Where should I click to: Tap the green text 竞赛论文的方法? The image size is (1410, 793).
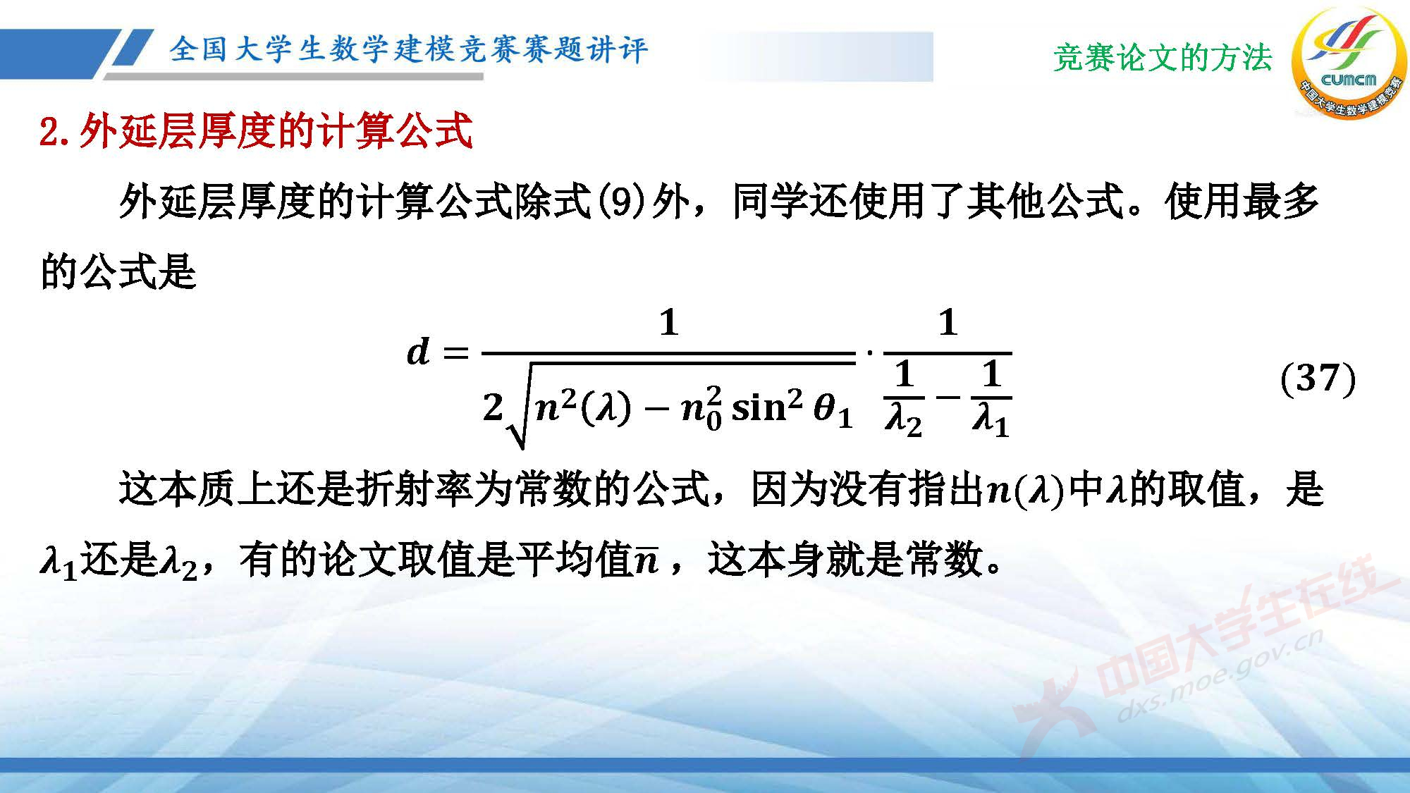(x=1163, y=58)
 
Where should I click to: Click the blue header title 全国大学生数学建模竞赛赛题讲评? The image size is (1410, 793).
(x=408, y=49)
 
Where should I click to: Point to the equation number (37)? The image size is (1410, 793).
(x=1317, y=379)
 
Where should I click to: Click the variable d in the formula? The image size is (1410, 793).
(x=419, y=351)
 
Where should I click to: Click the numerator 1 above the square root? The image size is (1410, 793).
(x=668, y=323)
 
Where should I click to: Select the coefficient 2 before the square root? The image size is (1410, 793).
(x=493, y=408)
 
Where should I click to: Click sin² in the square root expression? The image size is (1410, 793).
(x=767, y=407)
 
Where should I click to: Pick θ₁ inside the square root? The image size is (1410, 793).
(x=833, y=410)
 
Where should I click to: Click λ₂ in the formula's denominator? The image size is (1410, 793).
(x=903, y=421)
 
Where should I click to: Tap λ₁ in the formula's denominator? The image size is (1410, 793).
(x=991, y=421)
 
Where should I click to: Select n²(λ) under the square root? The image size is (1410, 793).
(x=582, y=407)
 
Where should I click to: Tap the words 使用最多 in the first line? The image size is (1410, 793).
(x=1242, y=202)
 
